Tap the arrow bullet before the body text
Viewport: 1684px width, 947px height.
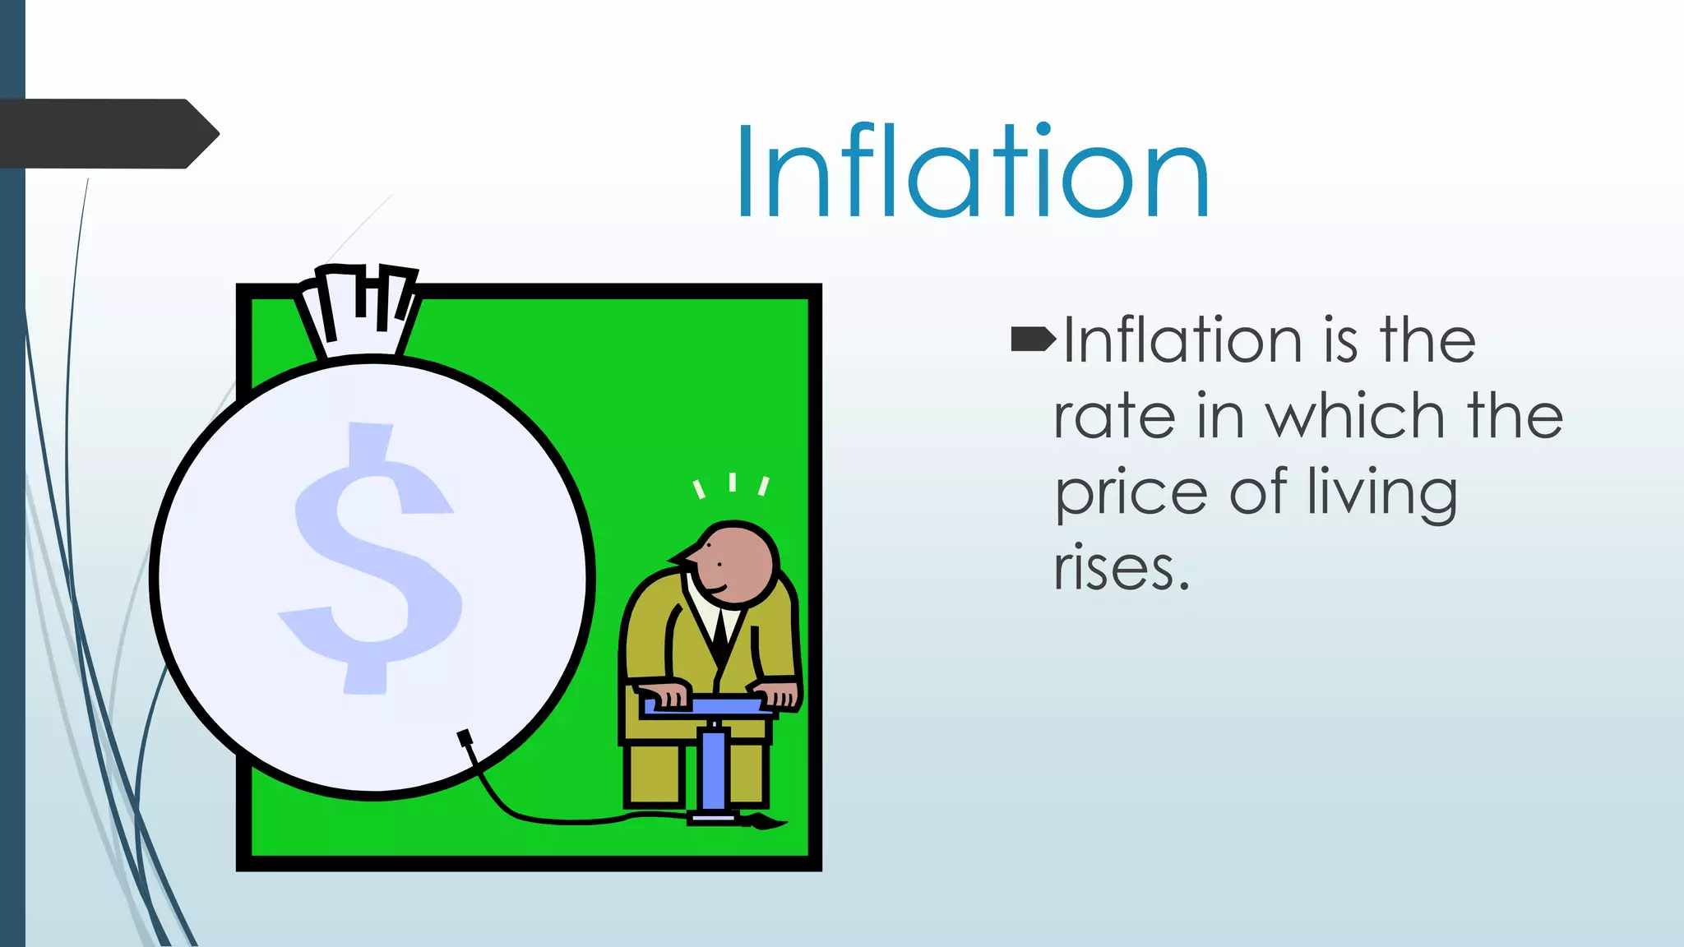(1033, 338)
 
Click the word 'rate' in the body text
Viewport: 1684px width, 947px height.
(1115, 416)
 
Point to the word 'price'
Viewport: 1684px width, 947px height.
(1131, 493)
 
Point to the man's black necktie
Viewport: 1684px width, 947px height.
(721, 629)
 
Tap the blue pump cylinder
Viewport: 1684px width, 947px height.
(714, 769)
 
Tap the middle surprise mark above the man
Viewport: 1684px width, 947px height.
(732, 482)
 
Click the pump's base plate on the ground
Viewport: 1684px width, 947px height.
(712, 816)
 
